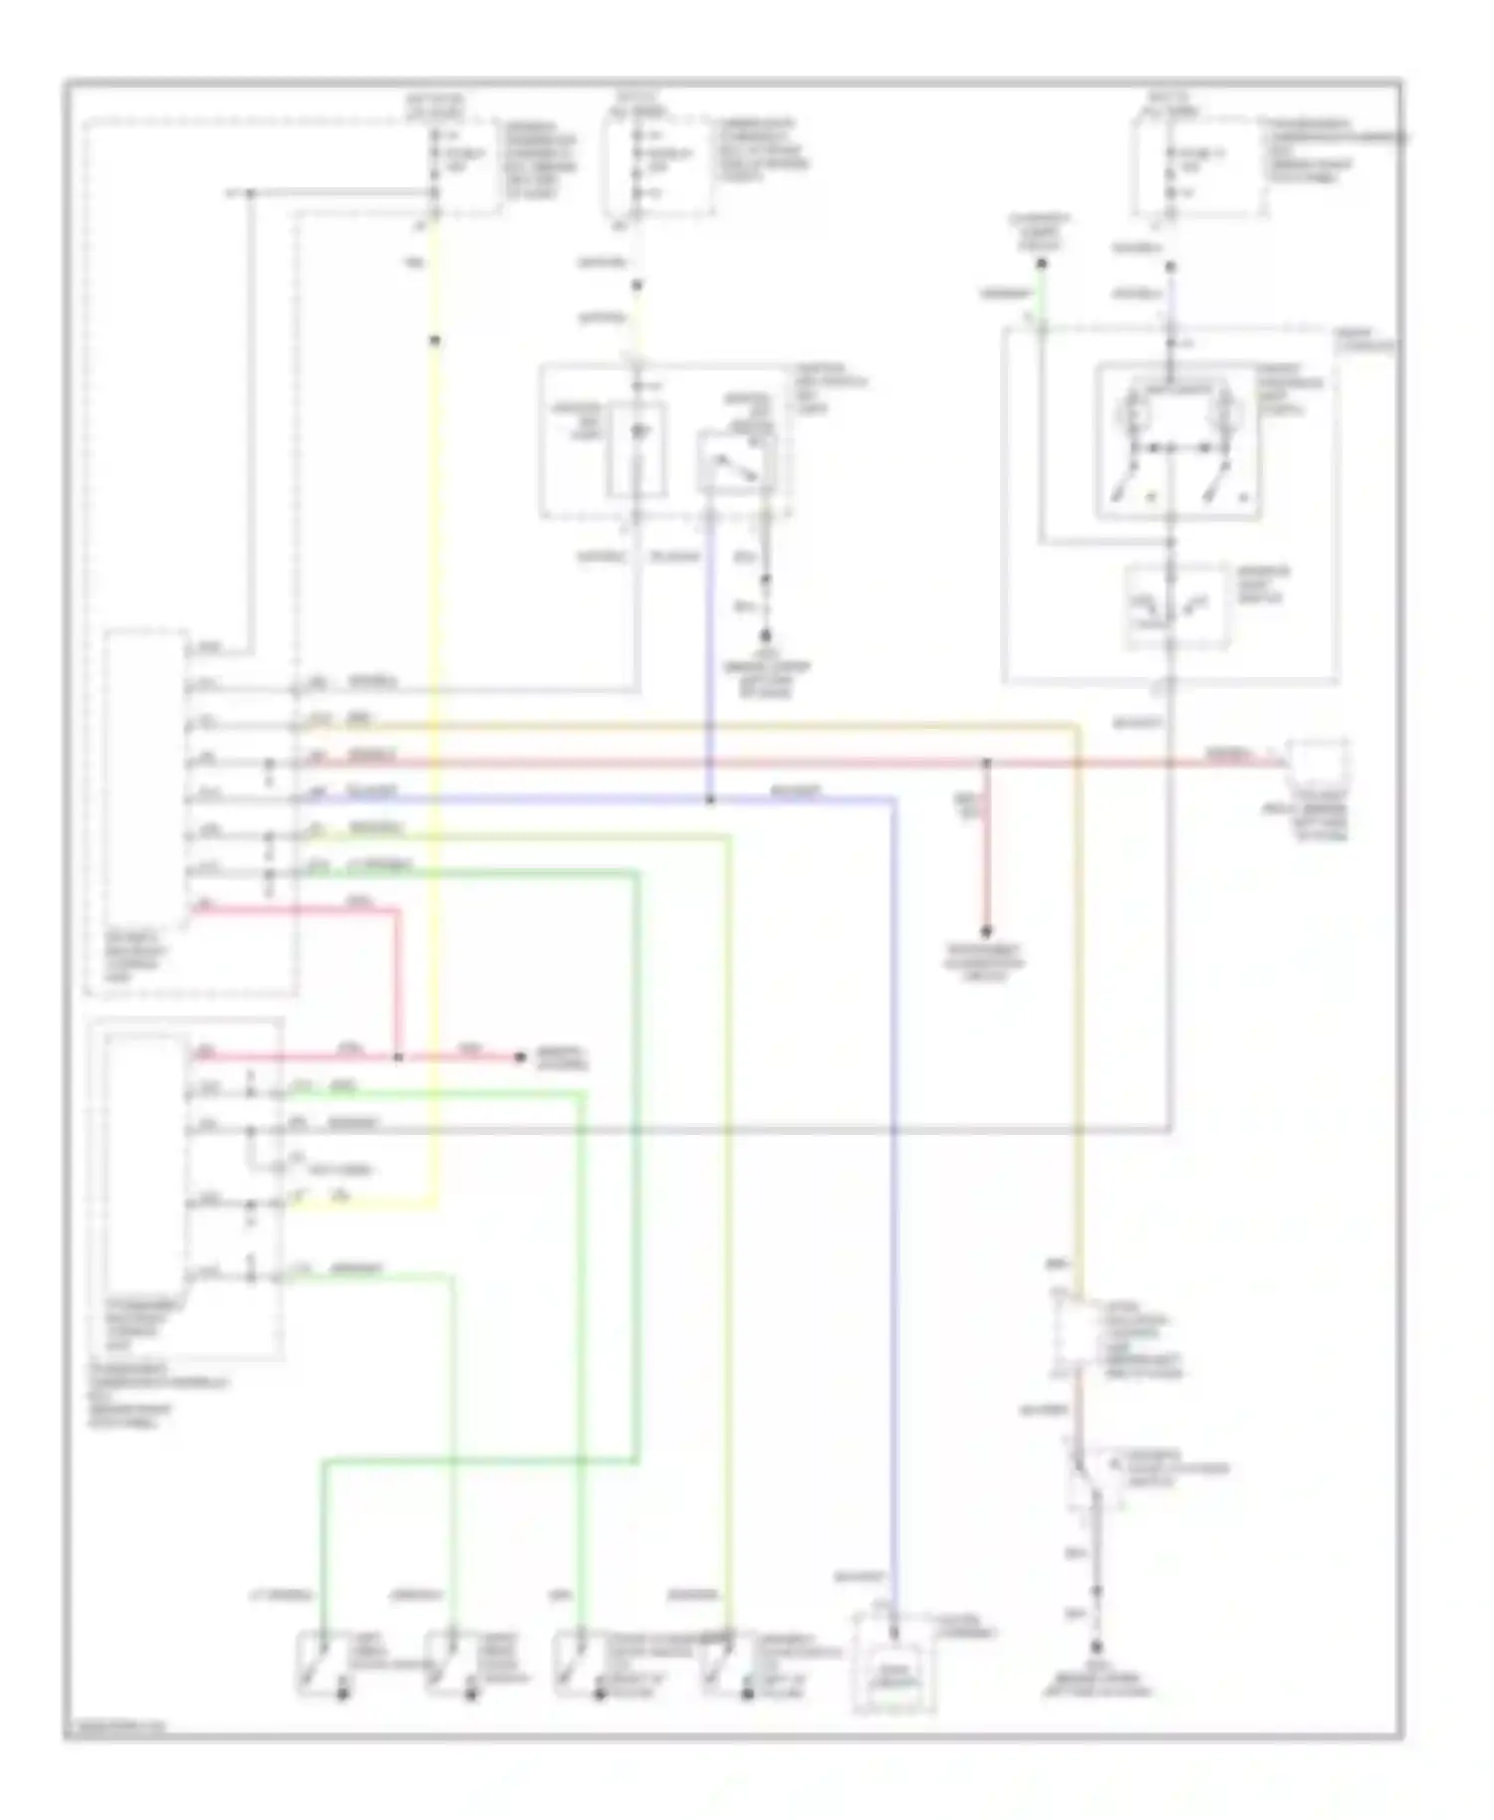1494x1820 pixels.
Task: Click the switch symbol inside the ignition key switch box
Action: coord(738,464)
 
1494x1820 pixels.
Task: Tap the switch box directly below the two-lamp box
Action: coord(1175,606)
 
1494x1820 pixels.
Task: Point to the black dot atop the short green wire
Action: coord(1041,265)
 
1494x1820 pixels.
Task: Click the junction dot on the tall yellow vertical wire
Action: coord(434,341)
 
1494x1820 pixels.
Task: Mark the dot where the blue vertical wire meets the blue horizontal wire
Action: coord(709,799)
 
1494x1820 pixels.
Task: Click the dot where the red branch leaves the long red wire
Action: coord(987,764)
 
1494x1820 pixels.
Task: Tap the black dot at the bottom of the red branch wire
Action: coord(986,932)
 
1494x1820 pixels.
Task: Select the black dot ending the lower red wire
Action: coord(520,1056)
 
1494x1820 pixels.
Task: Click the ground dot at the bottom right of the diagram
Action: coord(1097,1649)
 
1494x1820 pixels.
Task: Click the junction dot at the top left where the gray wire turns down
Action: coord(250,193)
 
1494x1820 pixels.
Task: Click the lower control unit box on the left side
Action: coord(145,1185)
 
